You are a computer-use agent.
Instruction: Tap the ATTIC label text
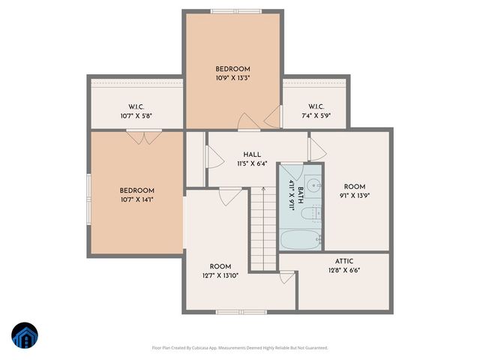344,261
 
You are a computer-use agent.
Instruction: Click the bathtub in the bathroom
300,239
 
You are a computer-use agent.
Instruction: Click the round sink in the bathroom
313,184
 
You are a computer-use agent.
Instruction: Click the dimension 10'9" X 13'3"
232,78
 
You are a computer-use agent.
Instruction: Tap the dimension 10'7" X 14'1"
136,199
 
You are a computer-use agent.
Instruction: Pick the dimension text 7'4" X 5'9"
315,115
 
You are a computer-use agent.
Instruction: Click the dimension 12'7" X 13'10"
220,276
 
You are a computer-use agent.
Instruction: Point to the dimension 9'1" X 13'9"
354,195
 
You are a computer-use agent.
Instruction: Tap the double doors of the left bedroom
143,136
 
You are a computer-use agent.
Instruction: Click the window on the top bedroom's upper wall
232,11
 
